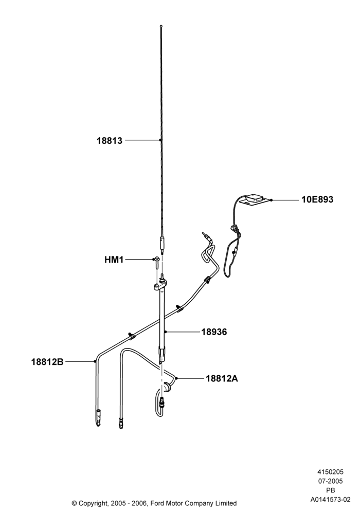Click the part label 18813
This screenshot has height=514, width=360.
click(x=109, y=141)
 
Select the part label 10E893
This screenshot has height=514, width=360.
click(x=317, y=199)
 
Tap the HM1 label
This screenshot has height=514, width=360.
click(x=114, y=260)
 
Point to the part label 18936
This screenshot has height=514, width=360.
click(x=214, y=332)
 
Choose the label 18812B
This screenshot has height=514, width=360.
click(x=47, y=361)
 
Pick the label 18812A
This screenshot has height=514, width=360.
click(x=222, y=379)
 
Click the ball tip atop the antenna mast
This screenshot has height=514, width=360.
click(x=161, y=26)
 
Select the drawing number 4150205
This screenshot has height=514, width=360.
click(x=331, y=472)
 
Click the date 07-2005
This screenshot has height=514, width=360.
click(x=331, y=481)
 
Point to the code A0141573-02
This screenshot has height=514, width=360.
click(x=331, y=500)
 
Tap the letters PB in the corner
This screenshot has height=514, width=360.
click(x=331, y=490)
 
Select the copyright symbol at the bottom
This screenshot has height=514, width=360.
click(x=75, y=503)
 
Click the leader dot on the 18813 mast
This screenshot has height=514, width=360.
click(x=160, y=140)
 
